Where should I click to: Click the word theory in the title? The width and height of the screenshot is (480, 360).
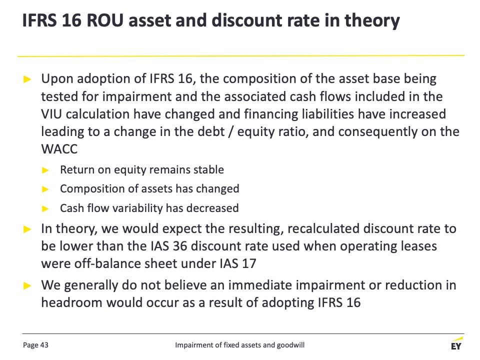[372, 21]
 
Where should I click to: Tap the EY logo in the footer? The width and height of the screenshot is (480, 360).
[456, 344]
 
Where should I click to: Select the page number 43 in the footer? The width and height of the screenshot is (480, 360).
[44, 345]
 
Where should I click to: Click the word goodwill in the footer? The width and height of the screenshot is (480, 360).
[290, 345]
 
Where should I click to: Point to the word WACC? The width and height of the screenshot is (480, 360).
[59, 149]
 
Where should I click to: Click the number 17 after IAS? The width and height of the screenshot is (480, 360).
[248, 263]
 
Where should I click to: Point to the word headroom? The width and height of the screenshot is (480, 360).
[72, 302]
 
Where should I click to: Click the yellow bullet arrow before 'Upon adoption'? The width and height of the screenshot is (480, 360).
[27, 79]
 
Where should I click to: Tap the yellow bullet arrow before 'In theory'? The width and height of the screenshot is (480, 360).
[27, 229]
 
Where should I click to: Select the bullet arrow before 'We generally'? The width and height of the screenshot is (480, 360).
[27, 285]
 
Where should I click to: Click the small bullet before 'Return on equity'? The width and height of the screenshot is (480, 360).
[45, 170]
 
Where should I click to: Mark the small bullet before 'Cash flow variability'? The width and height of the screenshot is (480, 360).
[45, 209]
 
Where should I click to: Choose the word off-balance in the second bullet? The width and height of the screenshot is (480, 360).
[108, 263]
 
